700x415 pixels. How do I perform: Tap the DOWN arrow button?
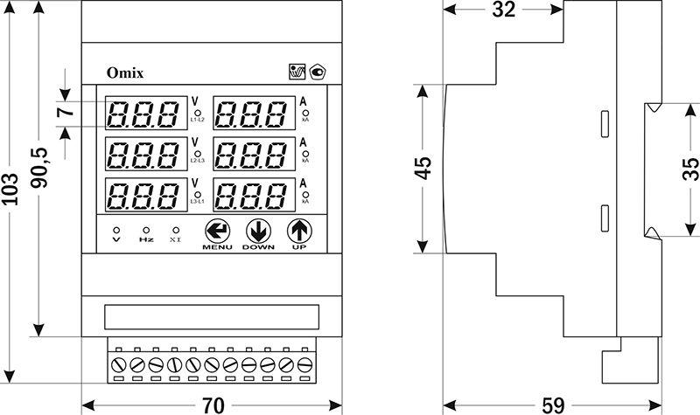(x=258, y=231)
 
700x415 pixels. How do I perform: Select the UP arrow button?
(x=299, y=231)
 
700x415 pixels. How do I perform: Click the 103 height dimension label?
(x=11, y=206)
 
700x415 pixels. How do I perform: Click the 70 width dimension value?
(x=212, y=405)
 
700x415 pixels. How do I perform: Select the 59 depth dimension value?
(x=550, y=405)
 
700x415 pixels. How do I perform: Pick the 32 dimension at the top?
(x=503, y=10)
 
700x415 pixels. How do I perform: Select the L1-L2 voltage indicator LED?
(x=199, y=113)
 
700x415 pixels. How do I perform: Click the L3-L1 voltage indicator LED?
(x=199, y=194)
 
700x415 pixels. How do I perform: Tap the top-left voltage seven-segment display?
(x=144, y=113)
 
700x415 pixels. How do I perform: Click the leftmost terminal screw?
(x=119, y=363)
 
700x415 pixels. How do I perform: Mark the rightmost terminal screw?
(x=304, y=363)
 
